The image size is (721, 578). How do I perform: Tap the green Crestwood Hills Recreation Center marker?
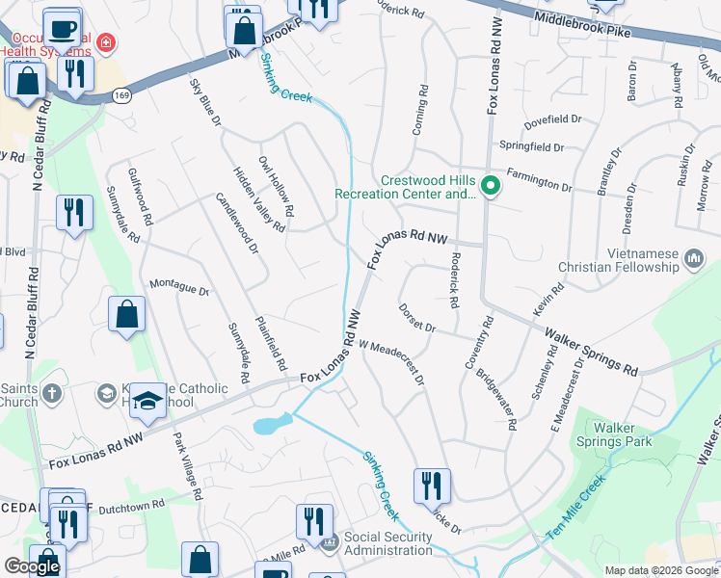[490, 185]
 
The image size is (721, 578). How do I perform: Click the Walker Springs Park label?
[623, 434]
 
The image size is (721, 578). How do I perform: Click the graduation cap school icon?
[147, 402]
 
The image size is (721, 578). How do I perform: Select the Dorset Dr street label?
[416, 319]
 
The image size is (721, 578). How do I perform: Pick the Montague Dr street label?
[179, 288]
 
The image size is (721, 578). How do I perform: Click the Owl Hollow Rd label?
[276, 185]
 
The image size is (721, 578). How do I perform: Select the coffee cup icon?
[63, 28]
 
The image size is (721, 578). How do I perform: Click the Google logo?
[32, 566]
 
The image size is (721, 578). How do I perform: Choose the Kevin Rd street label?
[547, 301]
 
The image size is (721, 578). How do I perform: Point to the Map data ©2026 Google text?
[660, 570]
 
